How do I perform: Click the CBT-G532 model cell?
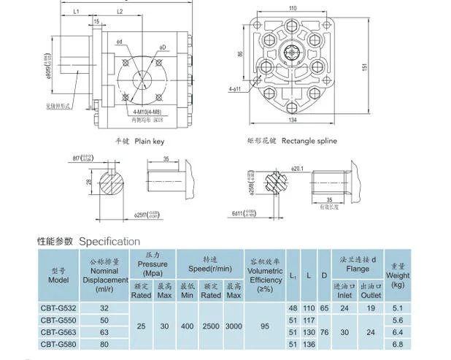pyautogui.click(x=56, y=308)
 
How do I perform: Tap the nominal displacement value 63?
pyautogui.click(x=104, y=332)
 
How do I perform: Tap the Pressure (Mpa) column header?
pyautogui.click(x=153, y=264)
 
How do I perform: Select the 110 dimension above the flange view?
pyautogui.click(x=293, y=8)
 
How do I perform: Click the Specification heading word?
pyautogui.click(x=109, y=241)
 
